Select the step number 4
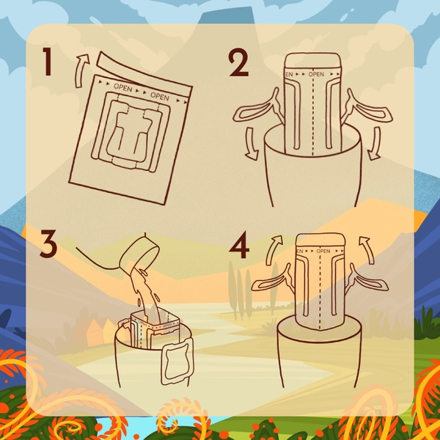pos(239,246)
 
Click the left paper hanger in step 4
pos(271,282)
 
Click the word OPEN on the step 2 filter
pos(316,74)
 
